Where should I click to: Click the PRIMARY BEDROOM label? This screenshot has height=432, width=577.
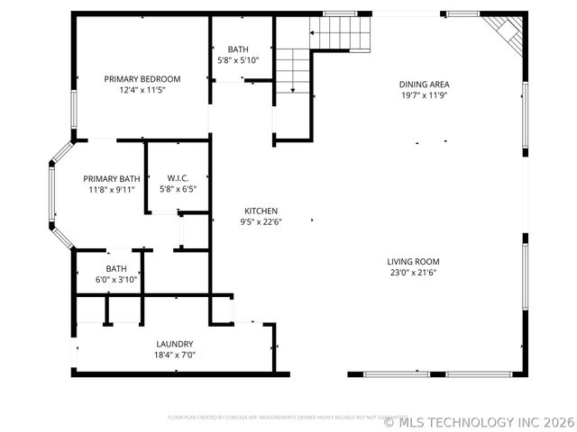[142, 79]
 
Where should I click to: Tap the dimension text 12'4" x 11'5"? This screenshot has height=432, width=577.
[142, 90]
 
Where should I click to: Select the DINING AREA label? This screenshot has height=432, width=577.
[424, 85]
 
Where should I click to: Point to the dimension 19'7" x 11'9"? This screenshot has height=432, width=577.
[424, 95]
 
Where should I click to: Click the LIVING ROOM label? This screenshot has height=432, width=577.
[414, 262]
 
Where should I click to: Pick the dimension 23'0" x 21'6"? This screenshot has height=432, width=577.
[414, 273]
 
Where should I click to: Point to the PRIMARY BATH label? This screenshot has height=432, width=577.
[113, 178]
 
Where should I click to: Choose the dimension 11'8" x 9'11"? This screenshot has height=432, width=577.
[113, 189]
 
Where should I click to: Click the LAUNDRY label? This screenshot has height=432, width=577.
[174, 344]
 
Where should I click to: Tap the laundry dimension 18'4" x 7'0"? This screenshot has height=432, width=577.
[174, 355]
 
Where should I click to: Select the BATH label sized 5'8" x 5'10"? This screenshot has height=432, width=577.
[238, 49]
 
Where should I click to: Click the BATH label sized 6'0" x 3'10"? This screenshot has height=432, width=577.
[116, 268]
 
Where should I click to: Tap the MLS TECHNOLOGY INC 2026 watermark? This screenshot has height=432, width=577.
[479, 421]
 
